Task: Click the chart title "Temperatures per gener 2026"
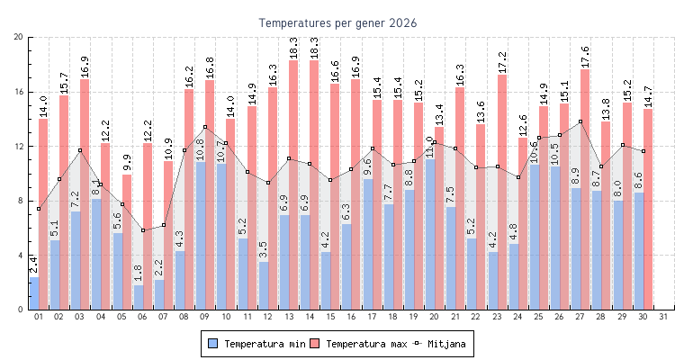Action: pos(337,22)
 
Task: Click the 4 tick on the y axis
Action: pos(22,256)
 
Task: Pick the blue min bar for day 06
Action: pos(138,297)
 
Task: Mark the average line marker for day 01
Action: pos(38,209)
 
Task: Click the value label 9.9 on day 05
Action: pos(127,162)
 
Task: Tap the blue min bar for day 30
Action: pos(638,251)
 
